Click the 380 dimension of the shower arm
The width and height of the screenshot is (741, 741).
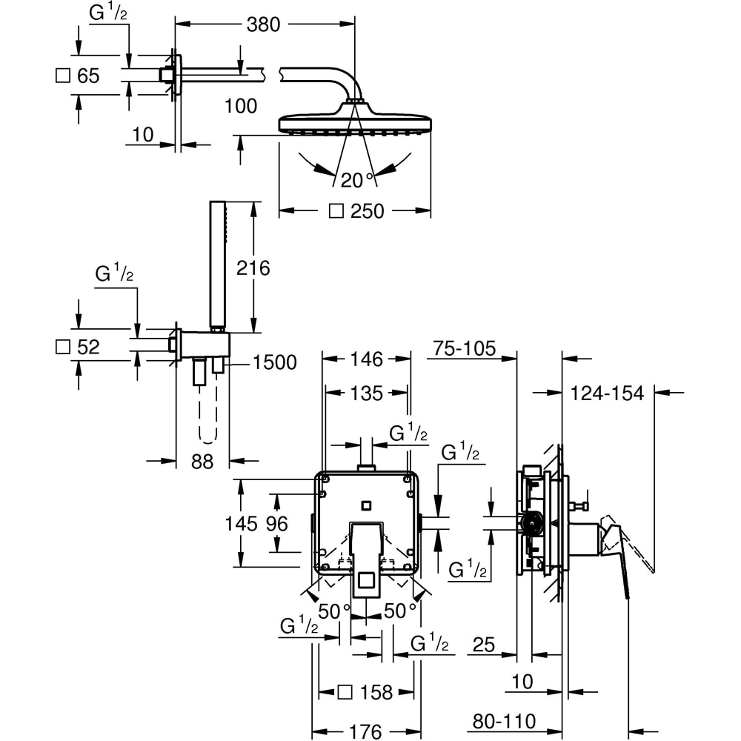263,25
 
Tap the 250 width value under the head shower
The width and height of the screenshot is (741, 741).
367,211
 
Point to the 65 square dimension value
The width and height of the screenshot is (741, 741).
87,76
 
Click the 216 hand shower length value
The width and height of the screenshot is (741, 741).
253,268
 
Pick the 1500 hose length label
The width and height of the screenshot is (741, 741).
274,362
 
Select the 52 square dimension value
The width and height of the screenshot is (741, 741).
87,346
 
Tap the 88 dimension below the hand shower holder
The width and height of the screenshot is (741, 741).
202,462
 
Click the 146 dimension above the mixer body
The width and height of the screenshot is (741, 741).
366,359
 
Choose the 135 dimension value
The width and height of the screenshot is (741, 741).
366,393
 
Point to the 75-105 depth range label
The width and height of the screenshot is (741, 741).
465,349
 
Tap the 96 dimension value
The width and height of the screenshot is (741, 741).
276,523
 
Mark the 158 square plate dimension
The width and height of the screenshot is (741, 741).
376,692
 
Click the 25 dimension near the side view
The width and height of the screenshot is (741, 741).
483,645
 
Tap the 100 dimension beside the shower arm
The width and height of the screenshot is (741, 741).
240,106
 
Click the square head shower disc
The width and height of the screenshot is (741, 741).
354,122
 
